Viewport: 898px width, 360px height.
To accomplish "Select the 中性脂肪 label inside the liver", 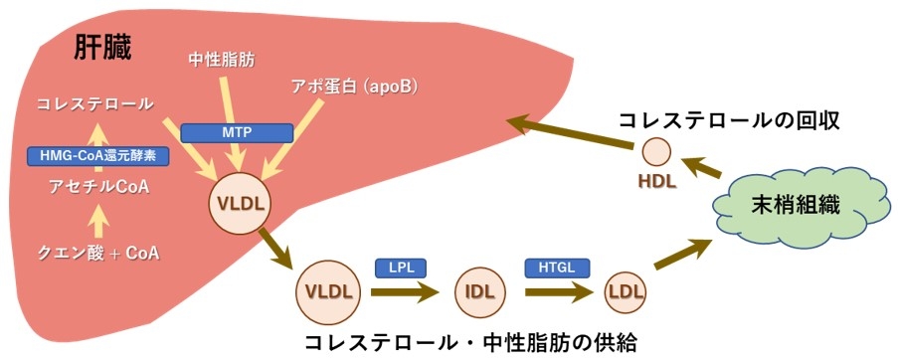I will pyautogui.click(x=221, y=60).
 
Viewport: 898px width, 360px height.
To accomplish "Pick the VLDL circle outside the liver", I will pyautogui.click(x=329, y=292).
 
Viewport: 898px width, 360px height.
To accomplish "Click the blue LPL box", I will pyautogui.click(x=399, y=267).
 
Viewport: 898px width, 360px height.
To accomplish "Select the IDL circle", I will pyautogui.click(x=480, y=292).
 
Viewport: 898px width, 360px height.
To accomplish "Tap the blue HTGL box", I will pyautogui.click(x=557, y=267).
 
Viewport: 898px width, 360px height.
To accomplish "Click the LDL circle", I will pyautogui.click(x=626, y=292).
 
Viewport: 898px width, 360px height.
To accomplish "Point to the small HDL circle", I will pyautogui.click(x=655, y=152).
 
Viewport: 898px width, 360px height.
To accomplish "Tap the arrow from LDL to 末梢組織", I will pyautogui.click(x=688, y=256).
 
